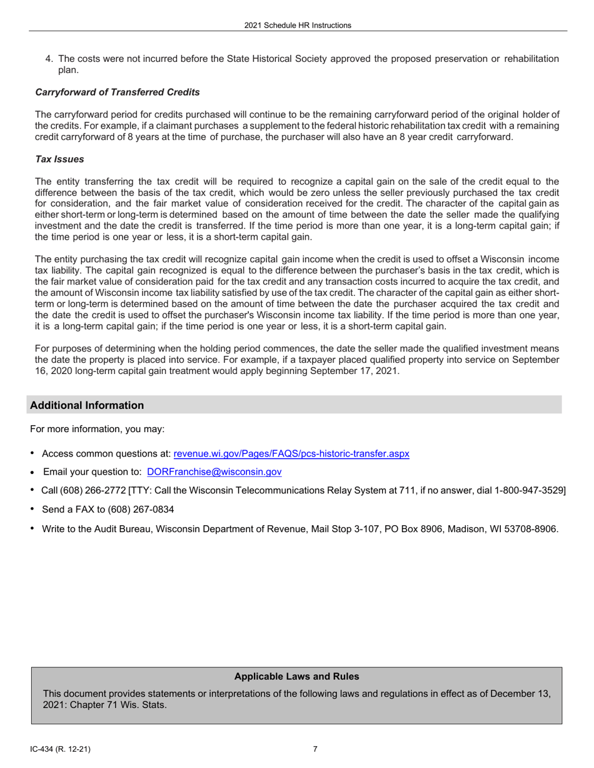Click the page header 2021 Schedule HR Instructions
click(x=298, y=26)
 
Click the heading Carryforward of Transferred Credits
click(x=118, y=92)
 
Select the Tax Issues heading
click(x=59, y=159)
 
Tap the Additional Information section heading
click(x=87, y=405)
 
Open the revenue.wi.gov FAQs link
click(x=291, y=453)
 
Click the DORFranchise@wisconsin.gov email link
click(x=214, y=472)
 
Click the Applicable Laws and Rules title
click(x=296, y=676)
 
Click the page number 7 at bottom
click(x=315, y=749)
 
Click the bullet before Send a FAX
click(x=32, y=510)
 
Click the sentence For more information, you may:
click(x=97, y=429)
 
